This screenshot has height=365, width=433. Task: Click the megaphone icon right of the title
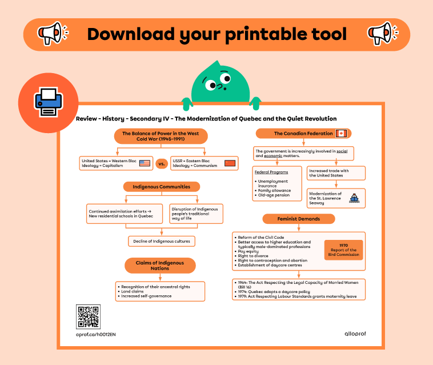click(380, 34)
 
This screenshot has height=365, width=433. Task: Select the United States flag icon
click(145, 163)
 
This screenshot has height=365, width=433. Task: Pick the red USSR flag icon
click(230, 163)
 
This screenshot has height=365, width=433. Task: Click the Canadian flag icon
click(342, 134)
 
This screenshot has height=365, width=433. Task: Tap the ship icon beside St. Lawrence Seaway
click(354, 198)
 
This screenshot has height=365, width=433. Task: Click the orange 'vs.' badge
click(161, 164)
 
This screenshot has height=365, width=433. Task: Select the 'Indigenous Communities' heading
click(161, 186)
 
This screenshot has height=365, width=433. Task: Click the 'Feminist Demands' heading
click(299, 218)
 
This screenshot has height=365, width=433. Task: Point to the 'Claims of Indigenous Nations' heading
click(161, 265)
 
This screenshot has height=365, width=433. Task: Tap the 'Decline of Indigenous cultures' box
click(162, 241)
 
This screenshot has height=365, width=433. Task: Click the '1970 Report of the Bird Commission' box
click(343, 250)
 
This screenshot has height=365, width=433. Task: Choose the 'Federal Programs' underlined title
click(271, 171)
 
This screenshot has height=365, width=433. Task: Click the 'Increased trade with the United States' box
click(336, 173)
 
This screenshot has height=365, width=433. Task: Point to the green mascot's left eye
click(212, 86)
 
